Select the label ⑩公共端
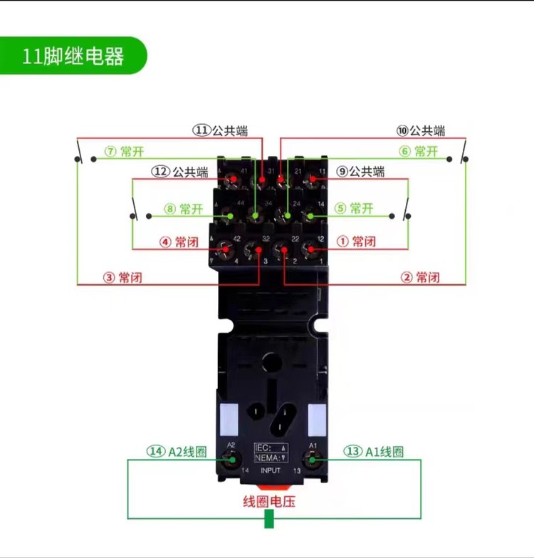[421, 130]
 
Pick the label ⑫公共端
[179, 172]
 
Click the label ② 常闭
[420, 277]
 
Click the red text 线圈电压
[269, 502]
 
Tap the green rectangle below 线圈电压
[269, 519]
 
